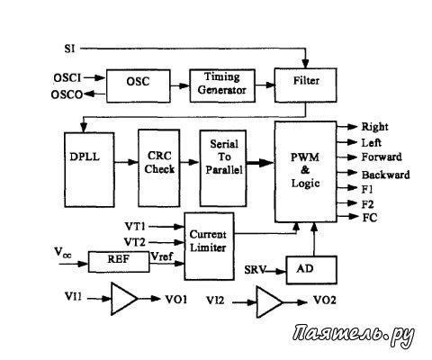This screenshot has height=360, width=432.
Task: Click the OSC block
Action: point(139,86)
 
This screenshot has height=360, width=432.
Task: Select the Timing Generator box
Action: point(222,85)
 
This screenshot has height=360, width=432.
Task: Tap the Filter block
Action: point(305,85)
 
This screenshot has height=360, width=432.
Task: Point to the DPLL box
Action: point(89,169)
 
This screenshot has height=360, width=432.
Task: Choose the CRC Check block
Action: point(159,168)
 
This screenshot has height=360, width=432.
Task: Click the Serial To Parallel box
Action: point(223,168)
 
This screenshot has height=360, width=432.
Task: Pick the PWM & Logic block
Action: point(305,172)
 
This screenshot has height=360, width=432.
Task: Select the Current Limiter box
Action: point(209,247)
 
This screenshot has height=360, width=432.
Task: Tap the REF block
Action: point(119,262)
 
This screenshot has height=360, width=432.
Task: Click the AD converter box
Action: point(311,270)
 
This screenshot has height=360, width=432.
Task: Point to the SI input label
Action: point(69,49)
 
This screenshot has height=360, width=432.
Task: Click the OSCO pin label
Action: point(67,94)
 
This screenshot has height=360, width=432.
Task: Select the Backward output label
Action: point(385,175)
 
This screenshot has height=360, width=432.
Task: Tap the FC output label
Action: point(370,218)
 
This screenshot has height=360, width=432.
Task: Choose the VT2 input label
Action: point(135,242)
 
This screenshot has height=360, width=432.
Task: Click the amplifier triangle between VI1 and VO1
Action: point(124,299)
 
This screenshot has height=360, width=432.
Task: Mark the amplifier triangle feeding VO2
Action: point(270,302)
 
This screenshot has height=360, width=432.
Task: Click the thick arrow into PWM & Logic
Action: point(260,163)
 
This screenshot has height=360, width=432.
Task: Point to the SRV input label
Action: point(255,270)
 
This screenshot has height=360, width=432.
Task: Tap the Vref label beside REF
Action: point(162,256)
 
